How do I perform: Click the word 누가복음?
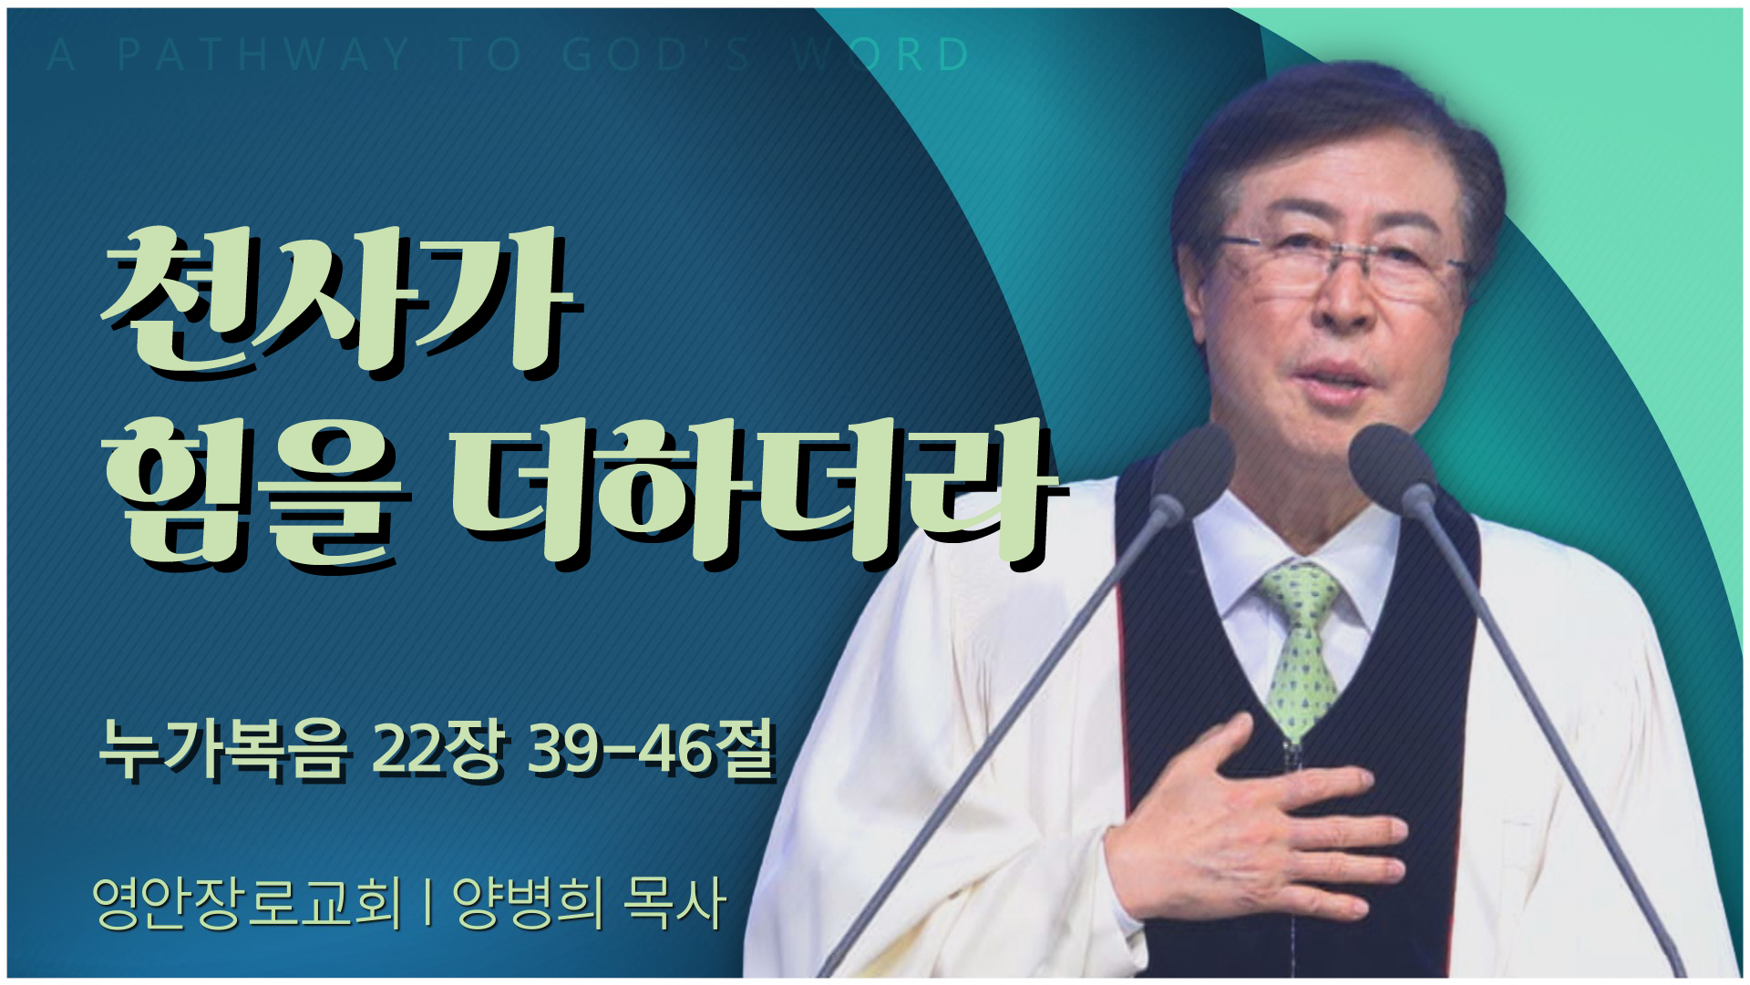point(224,750)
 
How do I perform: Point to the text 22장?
point(438,750)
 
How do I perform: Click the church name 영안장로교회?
point(246,903)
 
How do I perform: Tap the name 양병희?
point(528,903)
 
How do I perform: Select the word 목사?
point(675,903)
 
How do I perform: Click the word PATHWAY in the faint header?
point(263,55)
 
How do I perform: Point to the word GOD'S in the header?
point(656,55)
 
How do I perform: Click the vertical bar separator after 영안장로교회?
point(427,903)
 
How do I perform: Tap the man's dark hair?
point(1331,146)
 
